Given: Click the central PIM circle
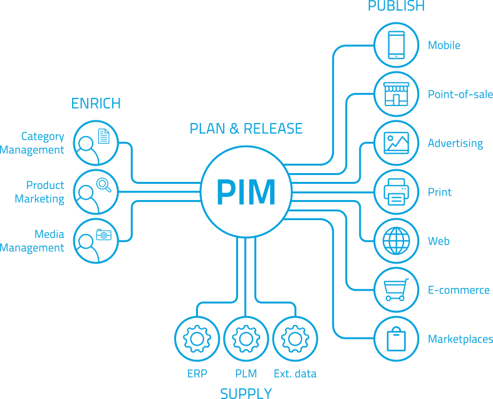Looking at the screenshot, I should [246, 192].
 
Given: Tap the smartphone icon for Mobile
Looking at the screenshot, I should [396, 45].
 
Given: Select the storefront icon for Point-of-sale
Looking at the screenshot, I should [396, 94].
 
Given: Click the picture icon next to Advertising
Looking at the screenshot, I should [396, 143].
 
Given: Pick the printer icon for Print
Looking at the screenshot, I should [396, 192].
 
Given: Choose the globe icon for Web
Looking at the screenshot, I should [396, 241].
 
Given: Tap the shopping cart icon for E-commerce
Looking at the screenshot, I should [396, 290].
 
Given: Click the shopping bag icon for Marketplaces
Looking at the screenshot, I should [396, 339].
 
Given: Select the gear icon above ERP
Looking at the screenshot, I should [197, 339].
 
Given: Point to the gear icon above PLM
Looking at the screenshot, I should [246, 339].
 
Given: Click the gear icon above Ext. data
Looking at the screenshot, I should [295, 339].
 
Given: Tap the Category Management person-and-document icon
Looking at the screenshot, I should [96, 143].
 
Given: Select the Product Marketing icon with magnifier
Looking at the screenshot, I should [96, 192].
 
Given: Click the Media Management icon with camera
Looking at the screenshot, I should [96, 241].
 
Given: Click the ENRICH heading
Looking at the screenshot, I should [96, 104].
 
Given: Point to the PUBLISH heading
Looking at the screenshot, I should [396, 6].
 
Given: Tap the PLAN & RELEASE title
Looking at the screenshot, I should [246, 129].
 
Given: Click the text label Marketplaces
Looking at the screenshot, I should [460, 339].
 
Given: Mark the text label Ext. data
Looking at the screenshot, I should [295, 374].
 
